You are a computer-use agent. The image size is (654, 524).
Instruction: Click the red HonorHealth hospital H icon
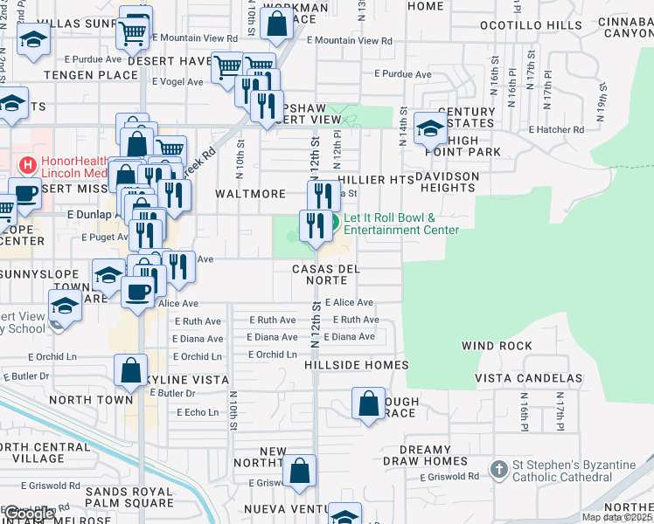click(28, 164)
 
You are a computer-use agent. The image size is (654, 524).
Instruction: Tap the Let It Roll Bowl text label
click(400, 224)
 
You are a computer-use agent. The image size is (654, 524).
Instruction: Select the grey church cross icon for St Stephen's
click(498, 470)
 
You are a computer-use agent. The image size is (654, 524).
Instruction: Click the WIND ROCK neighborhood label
click(497, 347)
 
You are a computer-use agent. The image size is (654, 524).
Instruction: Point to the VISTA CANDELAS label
click(528, 378)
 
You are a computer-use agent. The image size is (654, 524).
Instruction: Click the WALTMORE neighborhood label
click(251, 194)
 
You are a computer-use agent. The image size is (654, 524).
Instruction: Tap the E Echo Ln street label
click(197, 412)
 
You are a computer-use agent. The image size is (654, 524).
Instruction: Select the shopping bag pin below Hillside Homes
click(368, 404)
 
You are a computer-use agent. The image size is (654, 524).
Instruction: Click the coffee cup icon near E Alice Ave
click(137, 290)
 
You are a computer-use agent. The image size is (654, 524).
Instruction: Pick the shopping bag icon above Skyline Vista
click(130, 370)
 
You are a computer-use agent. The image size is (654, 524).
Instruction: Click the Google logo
click(28, 514)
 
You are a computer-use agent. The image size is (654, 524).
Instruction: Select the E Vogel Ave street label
click(178, 82)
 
